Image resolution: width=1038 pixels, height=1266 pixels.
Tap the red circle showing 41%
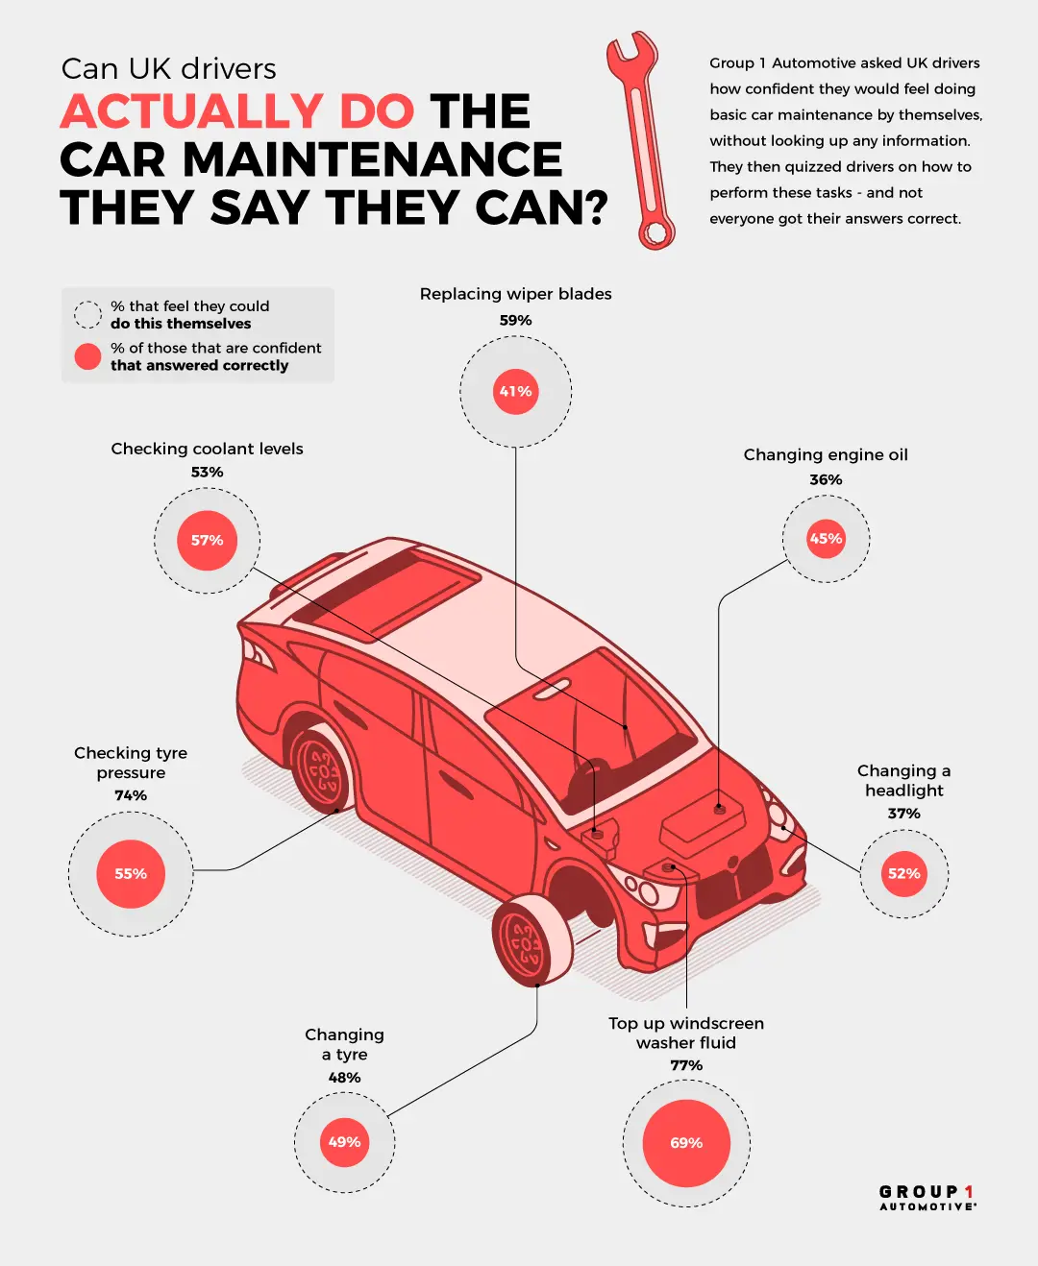coord(515,392)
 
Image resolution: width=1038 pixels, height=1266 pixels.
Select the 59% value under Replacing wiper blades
coord(515,320)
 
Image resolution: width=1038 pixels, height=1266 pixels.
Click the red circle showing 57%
coord(207,541)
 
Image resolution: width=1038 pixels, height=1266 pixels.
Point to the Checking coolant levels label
coord(207,449)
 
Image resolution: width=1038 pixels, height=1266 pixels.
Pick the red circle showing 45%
coord(826,539)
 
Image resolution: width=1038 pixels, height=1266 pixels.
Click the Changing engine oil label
coord(826,454)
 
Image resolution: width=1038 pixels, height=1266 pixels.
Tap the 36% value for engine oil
coord(826,479)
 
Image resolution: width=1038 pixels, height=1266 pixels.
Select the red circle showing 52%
coord(903,874)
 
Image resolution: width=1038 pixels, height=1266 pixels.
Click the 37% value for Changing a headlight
coord(903,814)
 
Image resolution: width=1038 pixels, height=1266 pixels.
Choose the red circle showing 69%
coord(686,1143)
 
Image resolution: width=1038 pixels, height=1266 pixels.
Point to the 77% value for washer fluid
coord(686,1065)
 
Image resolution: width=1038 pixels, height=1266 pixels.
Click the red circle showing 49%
coord(344,1142)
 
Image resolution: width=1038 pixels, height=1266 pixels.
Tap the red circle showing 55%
coord(131,874)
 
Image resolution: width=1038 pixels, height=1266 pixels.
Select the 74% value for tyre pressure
coord(131,795)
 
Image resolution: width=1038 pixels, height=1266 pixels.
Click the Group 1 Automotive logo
coord(927,1197)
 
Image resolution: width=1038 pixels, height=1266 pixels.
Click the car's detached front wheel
coord(530,941)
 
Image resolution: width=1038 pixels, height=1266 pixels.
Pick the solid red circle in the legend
coord(87,356)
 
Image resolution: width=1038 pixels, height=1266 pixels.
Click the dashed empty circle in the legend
coord(87,314)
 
